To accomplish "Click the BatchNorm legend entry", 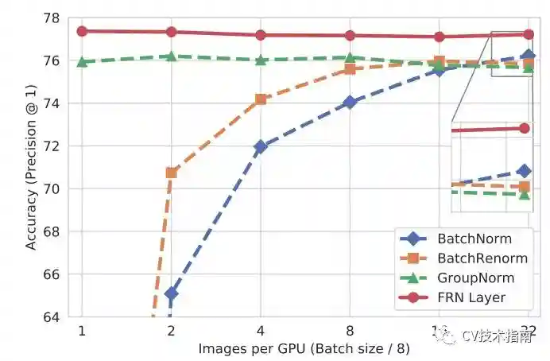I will (474, 239).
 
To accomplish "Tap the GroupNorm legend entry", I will (475, 278).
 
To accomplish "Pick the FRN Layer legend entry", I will (471, 298).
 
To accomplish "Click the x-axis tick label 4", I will (260, 331).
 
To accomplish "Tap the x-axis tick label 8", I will (350, 331).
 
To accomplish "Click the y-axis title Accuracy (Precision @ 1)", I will (31, 168).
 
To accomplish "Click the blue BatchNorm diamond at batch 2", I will (171, 293).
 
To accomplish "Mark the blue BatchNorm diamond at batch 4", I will (260, 146).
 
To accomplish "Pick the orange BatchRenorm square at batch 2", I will (171, 173).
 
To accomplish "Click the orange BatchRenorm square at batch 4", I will (260, 99).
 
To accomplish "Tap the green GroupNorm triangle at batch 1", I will (82, 61).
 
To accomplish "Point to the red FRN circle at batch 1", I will (82, 31).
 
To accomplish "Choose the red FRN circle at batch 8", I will (350, 35).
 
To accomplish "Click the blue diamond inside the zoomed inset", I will (524, 171).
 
